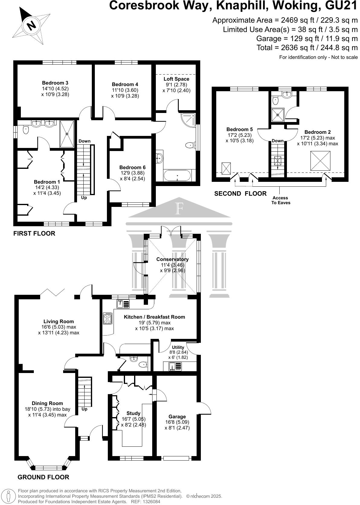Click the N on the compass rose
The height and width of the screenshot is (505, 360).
click(31, 25)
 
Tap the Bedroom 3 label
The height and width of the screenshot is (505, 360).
click(55, 83)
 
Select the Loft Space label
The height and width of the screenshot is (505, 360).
click(176, 79)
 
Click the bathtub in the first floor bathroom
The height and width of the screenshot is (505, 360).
click(177, 175)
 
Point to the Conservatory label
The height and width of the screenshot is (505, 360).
click(172, 259)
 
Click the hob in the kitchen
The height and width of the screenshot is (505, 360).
click(107, 318)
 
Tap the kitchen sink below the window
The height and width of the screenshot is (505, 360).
click(123, 304)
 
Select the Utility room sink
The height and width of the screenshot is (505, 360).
click(175, 366)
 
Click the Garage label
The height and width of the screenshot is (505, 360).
click(177, 417)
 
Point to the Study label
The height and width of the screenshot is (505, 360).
click(133, 413)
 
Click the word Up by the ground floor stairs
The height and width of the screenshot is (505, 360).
click(84, 409)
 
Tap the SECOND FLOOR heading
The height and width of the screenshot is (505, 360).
click(240, 193)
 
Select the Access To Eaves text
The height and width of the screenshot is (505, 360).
click(281, 200)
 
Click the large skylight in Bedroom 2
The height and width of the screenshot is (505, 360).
click(320, 161)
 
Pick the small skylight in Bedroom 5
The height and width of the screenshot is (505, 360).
click(226, 169)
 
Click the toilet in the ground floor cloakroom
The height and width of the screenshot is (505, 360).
click(143, 364)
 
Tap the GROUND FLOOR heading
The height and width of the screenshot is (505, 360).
click(43, 477)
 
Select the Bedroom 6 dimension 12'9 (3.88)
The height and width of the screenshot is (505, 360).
click(133, 173)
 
